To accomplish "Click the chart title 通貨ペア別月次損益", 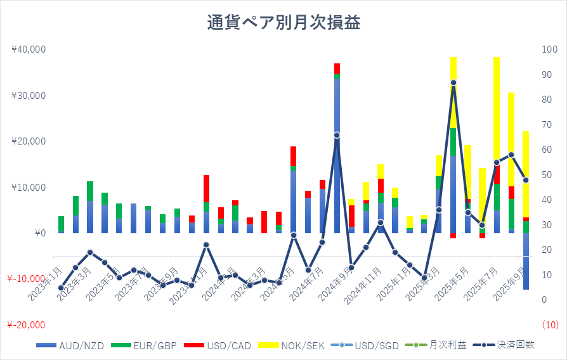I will [x=283, y=23].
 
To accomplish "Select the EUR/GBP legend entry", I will [x=149, y=345].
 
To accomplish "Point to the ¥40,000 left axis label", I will [x=28, y=49].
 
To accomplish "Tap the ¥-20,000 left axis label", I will [x=26, y=325].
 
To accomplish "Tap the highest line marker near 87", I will [x=453, y=82].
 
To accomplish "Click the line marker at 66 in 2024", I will [x=337, y=135].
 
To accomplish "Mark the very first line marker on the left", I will [x=61, y=288].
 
